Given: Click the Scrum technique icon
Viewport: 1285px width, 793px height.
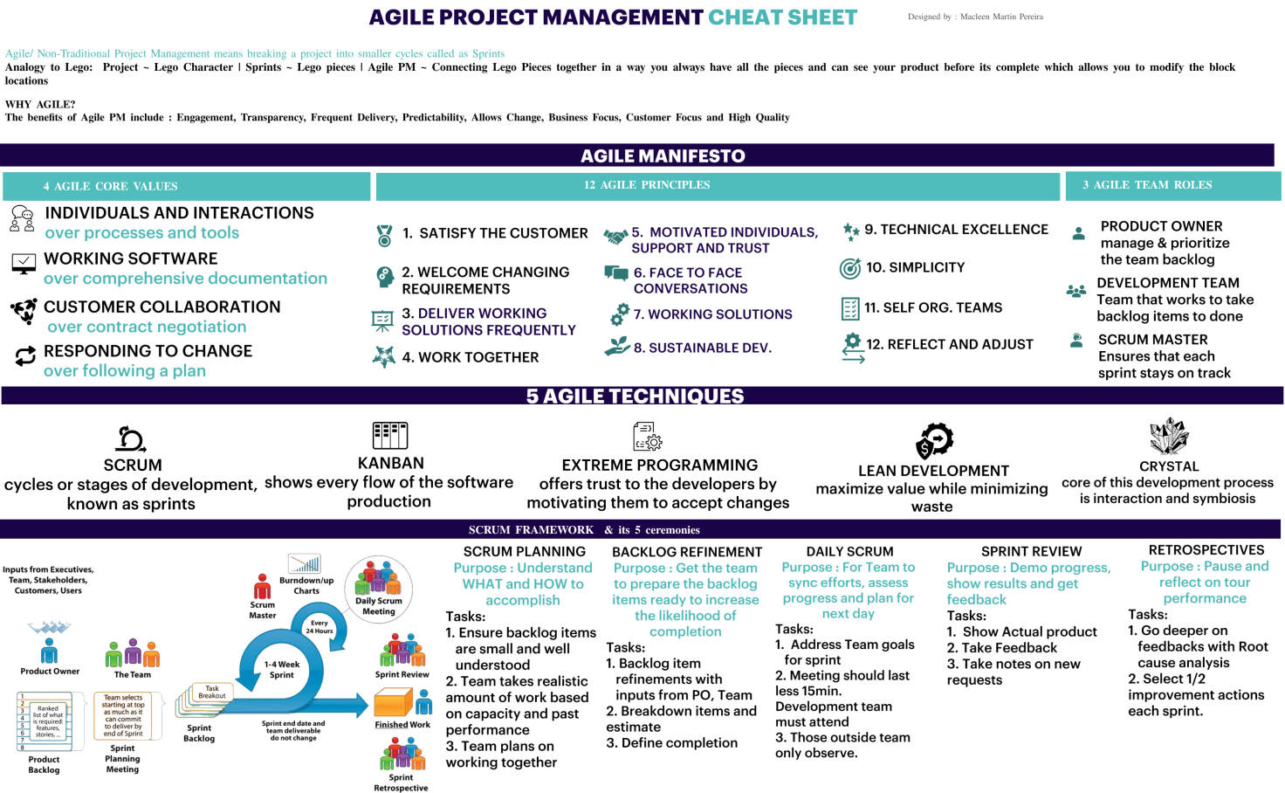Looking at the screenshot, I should [131, 438].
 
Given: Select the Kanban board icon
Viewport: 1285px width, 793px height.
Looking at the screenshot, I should [390, 435].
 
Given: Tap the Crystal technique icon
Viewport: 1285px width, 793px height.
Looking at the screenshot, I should [1169, 436].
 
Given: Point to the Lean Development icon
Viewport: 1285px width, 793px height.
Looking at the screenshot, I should [934, 440].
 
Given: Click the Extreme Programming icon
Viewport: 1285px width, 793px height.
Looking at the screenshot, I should [648, 436].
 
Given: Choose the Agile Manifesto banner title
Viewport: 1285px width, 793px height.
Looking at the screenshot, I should [663, 156].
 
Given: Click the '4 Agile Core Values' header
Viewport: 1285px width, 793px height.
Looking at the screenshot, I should [111, 186].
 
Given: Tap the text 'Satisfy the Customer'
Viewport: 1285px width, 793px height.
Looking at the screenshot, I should [504, 233].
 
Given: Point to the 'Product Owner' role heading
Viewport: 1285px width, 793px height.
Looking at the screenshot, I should [1161, 226].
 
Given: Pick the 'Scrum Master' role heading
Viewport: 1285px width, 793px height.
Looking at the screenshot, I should [1152, 340].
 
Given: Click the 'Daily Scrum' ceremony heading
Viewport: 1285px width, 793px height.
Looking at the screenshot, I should [849, 552].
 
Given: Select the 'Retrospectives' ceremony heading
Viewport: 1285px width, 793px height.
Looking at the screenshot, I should [1206, 550].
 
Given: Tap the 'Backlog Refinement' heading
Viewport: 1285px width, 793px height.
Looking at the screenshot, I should [687, 552].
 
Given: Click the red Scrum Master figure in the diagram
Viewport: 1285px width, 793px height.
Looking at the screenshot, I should [262, 586].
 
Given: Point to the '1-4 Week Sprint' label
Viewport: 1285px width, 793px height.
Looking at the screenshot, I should [281, 669].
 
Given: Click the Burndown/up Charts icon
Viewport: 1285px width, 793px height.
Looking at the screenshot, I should [306, 563].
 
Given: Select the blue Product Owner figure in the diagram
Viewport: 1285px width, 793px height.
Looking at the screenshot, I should [50, 651].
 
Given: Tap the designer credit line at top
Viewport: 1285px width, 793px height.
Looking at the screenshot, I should [975, 17].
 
